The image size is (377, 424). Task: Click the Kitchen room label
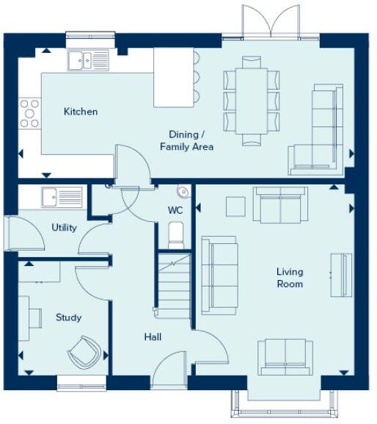81,112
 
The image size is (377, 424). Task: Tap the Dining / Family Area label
186,140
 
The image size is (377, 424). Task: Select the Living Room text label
290,278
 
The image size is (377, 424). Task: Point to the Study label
68,317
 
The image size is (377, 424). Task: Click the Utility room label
64,228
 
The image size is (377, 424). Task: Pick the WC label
175,210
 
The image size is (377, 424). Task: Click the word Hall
153,337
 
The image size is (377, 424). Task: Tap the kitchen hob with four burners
30,113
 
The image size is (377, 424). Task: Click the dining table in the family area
252,100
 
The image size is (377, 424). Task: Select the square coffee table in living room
235,206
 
